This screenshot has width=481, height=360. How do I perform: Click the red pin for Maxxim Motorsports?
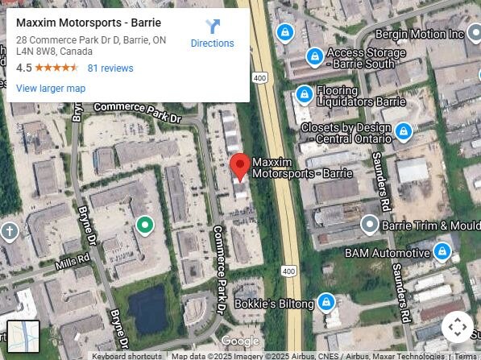click(x=238, y=167)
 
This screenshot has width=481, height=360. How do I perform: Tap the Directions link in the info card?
click(x=212, y=43)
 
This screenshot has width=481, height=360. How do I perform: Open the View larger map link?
click(x=50, y=89)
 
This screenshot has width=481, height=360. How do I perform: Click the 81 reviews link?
click(x=110, y=68)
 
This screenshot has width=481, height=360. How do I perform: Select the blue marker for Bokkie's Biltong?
click(x=326, y=303)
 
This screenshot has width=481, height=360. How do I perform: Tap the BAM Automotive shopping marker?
click(x=442, y=252)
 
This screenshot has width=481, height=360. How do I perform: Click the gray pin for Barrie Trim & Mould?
click(x=370, y=225)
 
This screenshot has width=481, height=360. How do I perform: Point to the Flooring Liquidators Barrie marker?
click(x=304, y=95)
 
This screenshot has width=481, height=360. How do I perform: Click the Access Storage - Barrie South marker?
click(x=315, y=56)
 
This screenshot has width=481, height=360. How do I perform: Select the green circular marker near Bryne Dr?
click(x=144, y=225)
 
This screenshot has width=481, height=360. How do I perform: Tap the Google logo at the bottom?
click(x=240, y=341)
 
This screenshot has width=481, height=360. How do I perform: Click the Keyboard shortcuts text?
click(x=126, y=356)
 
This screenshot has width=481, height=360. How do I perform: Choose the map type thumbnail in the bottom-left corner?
click(x=23, y=336)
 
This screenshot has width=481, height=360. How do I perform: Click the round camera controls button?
click(x=457, y=327)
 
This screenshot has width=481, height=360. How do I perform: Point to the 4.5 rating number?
click(x=23, y=68)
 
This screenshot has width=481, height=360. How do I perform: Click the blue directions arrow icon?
click(x=212, y=27)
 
